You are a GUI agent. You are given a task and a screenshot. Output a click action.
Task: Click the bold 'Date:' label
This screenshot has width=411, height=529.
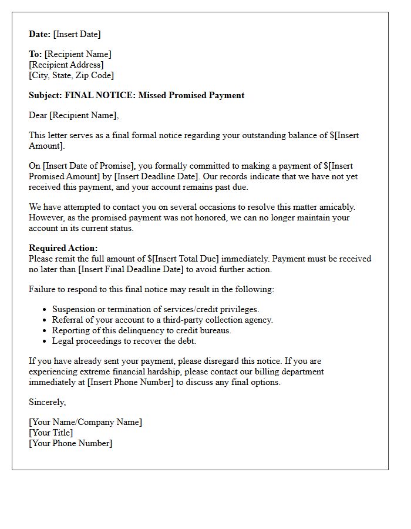click(x=40, y=34)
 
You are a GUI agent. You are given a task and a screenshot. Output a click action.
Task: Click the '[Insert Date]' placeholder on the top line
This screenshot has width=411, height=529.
click(x=77, y=34)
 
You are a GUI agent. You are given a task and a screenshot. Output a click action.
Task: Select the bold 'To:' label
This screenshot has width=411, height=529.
click(x=35, y=54)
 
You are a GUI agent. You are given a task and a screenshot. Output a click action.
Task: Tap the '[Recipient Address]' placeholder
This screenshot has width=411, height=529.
click(x=66, y=65)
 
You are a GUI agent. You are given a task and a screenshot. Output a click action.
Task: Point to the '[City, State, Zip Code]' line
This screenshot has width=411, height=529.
click(x=71, y=75)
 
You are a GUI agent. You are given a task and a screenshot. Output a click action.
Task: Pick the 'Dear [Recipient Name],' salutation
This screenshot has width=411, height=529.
click(x=73, y=115)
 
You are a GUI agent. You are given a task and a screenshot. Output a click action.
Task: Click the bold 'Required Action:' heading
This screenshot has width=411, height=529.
click(x=63, y=248)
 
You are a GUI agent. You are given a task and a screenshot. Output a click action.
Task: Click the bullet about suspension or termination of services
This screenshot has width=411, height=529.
click(x=156, y=309)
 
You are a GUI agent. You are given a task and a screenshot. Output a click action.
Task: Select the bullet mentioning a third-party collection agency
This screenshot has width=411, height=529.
click(x=163, y=320)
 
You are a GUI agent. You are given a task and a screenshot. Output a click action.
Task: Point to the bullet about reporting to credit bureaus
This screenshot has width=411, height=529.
click(x=142, y=330)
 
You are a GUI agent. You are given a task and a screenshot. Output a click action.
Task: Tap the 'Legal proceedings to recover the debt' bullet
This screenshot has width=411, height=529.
click(x=124, y=341)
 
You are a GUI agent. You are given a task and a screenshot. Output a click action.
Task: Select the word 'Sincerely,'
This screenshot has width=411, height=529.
click(x=48, y=402)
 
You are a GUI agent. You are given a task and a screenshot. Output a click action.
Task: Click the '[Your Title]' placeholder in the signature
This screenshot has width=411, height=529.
click(x=51, y=433)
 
